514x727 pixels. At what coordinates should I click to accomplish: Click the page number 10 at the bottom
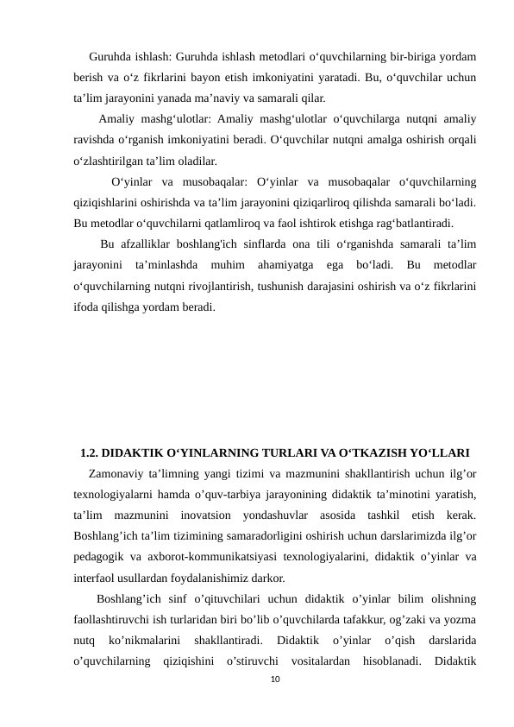[273, 680]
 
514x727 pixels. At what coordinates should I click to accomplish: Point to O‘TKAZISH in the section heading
[376, 452]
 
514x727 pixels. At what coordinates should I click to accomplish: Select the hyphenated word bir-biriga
[398, 59]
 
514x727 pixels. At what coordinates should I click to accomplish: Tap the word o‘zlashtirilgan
[111, 161]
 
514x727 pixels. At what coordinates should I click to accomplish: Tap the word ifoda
[87, 306]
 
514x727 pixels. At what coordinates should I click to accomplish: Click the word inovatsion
[210, 515]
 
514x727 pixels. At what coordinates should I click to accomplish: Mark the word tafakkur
[367, 620]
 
